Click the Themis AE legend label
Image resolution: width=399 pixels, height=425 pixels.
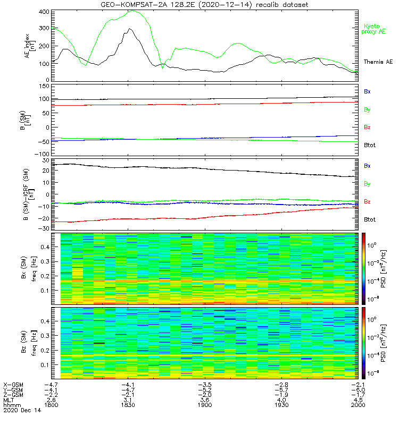coord(378,62)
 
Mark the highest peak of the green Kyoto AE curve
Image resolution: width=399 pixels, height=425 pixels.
coord(131,11)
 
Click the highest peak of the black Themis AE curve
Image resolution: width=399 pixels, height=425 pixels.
coord(129,29)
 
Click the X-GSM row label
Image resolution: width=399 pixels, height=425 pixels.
coord(13,384)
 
